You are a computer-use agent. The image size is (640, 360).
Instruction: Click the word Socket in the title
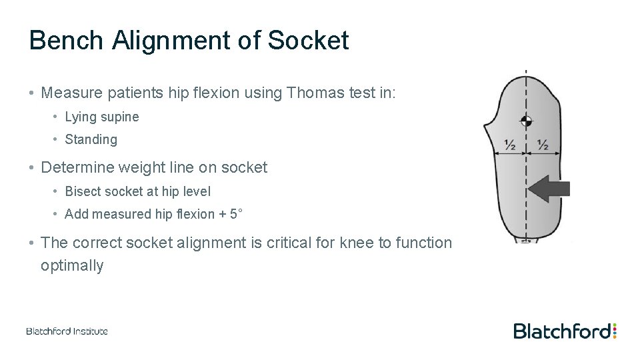(308, 41)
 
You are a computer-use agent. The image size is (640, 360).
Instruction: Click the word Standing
(91, 140)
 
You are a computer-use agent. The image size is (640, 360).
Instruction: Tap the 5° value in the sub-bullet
(236, 214)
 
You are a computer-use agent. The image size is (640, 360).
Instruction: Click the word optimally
(72, 265)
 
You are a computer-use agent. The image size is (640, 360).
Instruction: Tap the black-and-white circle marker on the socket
(527, 121)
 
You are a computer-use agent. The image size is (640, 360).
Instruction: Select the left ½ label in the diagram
(510, 145)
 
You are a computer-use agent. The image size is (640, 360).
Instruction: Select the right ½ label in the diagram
(542, 145)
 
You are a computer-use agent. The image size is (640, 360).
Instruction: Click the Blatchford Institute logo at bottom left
(67, 331)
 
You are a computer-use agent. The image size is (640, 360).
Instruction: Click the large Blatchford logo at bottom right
(561, 331)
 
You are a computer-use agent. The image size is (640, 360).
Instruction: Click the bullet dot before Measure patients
(31, 93)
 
